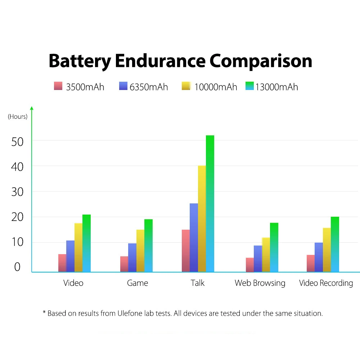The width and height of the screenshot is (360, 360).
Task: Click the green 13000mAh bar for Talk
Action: [210, 204]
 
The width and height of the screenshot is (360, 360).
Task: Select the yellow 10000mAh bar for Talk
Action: [202, 219]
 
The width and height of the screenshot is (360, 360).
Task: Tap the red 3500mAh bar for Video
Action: [62, 263]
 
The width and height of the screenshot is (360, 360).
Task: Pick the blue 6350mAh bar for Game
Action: [132, 258]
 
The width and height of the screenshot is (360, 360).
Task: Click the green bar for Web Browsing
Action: [274, 248]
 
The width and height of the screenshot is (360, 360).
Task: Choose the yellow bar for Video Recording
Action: [327, 250]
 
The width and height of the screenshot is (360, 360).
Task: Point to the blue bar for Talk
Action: [194, 238]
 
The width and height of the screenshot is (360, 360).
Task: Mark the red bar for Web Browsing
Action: [250, 265]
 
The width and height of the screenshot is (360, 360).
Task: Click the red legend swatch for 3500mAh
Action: [58, 86]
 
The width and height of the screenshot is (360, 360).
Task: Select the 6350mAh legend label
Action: [149, 87]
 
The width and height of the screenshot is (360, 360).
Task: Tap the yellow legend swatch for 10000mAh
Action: [186, 86]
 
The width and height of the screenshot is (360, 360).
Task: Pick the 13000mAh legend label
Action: [276, 87]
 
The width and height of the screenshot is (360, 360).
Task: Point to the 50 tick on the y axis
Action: [17, 142]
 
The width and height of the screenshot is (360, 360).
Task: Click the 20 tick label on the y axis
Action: [17, 217]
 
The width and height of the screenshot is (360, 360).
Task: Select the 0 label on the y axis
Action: [17, 267]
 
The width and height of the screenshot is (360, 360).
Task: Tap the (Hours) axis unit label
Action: [18, 117]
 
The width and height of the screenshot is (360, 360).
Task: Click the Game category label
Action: [138, 283]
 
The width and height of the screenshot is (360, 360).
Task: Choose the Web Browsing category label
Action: [260, 283]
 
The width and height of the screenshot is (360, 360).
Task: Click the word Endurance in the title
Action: [160, 61]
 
